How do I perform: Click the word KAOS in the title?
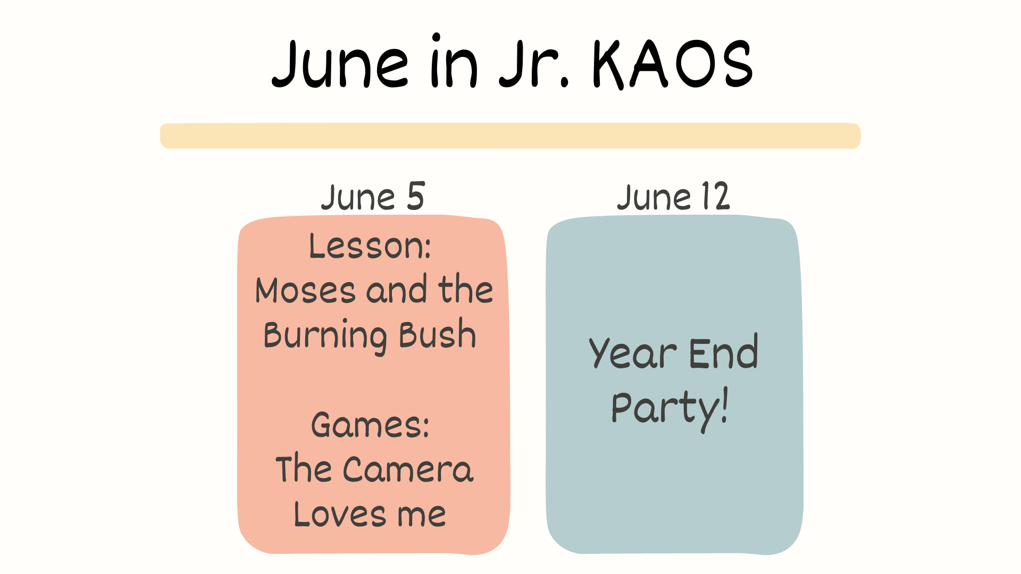(673, 64)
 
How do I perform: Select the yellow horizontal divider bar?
(510, 136)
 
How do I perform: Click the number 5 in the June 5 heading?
(416, 196)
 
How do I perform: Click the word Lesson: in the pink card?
(370, 246)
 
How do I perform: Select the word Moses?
(305, 290)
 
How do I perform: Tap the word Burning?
(325, 336)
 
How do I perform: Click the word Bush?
(438, 334)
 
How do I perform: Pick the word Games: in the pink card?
(370, 425)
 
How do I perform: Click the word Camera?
(408, 469)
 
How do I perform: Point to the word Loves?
(340, 514)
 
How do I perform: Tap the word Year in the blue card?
(633, 353)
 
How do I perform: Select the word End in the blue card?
(723, 352)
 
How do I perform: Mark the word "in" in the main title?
(454, 61)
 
